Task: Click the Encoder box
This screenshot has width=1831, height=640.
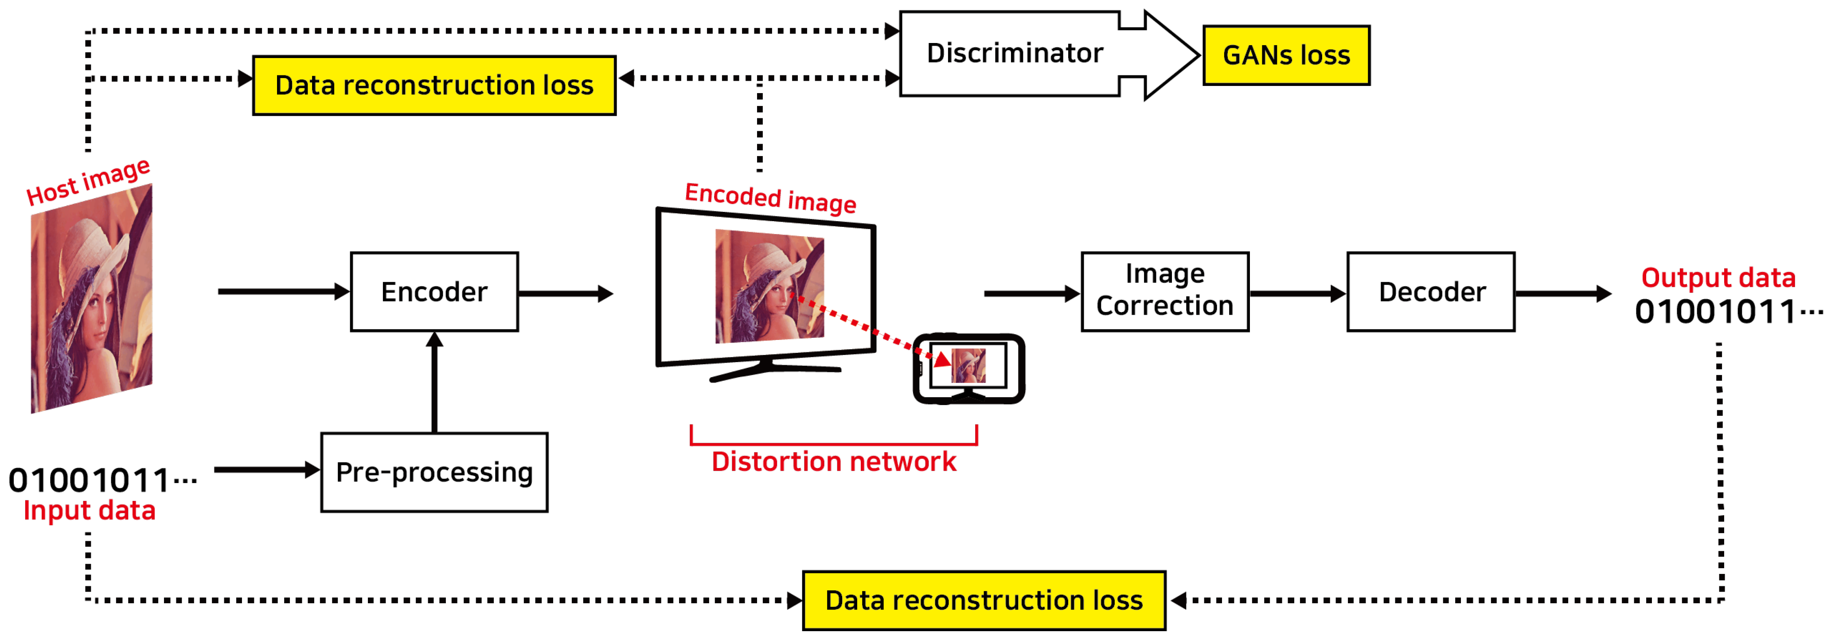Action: coord(434,292)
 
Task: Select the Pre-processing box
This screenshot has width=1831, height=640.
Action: coord(434,472)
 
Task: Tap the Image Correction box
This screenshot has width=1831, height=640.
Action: coord(1164,292)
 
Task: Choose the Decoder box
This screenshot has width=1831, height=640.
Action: coord(1431,292)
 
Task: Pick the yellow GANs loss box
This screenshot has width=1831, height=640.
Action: coord(1286,55)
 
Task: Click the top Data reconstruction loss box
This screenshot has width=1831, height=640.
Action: coord(434,86)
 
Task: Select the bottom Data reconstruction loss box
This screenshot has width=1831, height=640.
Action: coord(984,601)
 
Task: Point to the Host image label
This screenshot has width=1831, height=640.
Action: coord(88,182)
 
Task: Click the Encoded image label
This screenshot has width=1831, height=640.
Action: coord(770,198)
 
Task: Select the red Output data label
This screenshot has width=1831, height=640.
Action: coord(1718,277)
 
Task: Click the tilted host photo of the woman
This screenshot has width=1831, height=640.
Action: coord(91,299)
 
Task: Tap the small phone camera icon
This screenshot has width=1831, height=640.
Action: coord(968,368)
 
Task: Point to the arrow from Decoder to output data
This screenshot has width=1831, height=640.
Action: coord(1562,293)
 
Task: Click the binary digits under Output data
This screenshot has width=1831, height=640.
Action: coord(1727,312)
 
